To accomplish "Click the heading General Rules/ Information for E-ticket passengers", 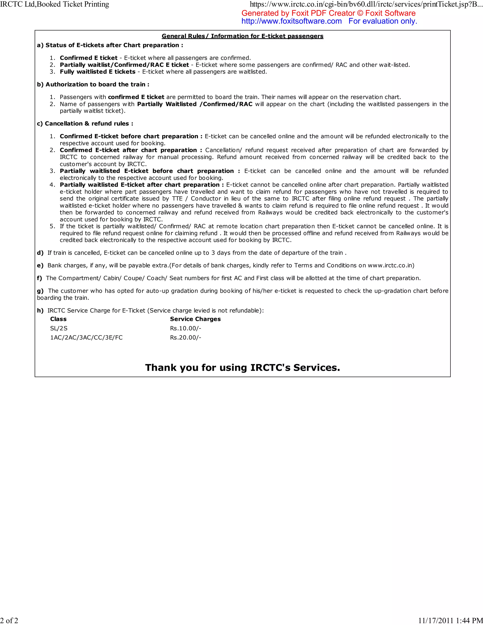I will [242, 36].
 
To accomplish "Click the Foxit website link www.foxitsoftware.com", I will [291, 21].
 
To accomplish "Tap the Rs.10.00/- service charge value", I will [185, 328].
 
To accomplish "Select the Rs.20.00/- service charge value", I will [185, 337].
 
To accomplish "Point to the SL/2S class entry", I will [59, 328].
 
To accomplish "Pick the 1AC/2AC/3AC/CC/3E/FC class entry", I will [86, 337].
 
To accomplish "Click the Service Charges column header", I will [195, 319].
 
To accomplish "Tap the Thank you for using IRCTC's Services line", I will [242, 367].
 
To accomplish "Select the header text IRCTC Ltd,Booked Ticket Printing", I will [54, 4].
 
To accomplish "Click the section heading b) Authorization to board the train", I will [93, 84].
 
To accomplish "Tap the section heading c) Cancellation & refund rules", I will [85, 124].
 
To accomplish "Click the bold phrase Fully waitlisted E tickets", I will [98, 72].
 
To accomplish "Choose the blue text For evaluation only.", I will [383, 21].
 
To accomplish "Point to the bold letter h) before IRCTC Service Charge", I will [40, 311].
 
